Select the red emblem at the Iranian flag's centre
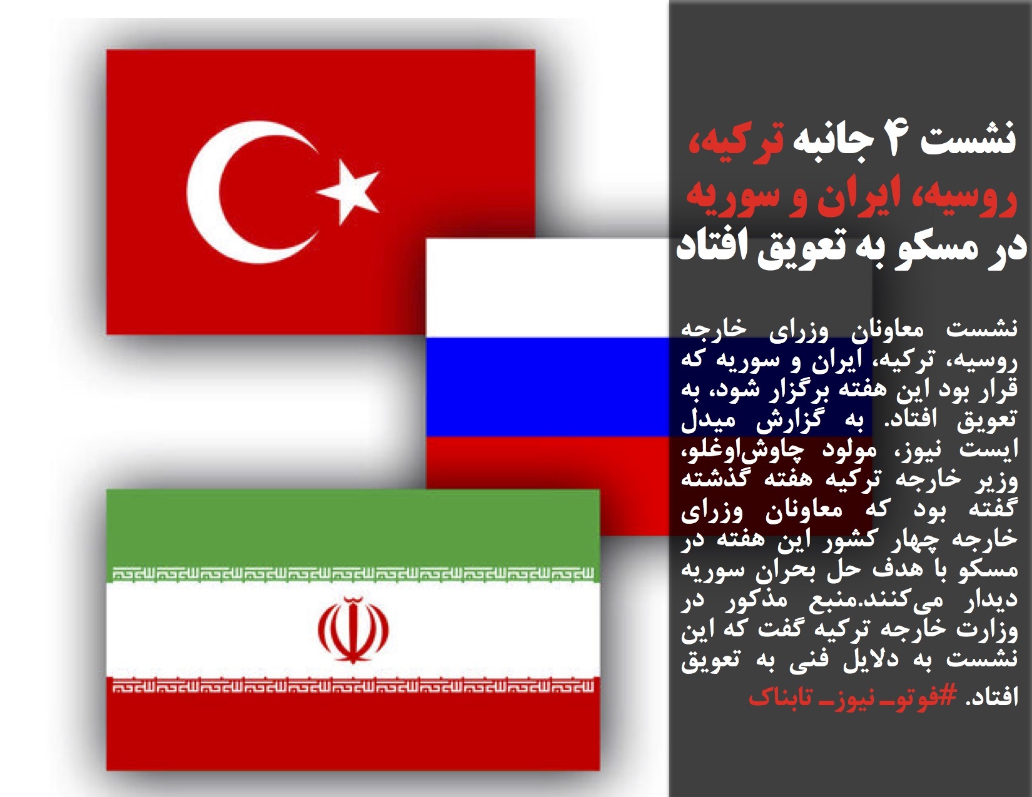[353, 629]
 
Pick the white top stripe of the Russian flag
[546, 288]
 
